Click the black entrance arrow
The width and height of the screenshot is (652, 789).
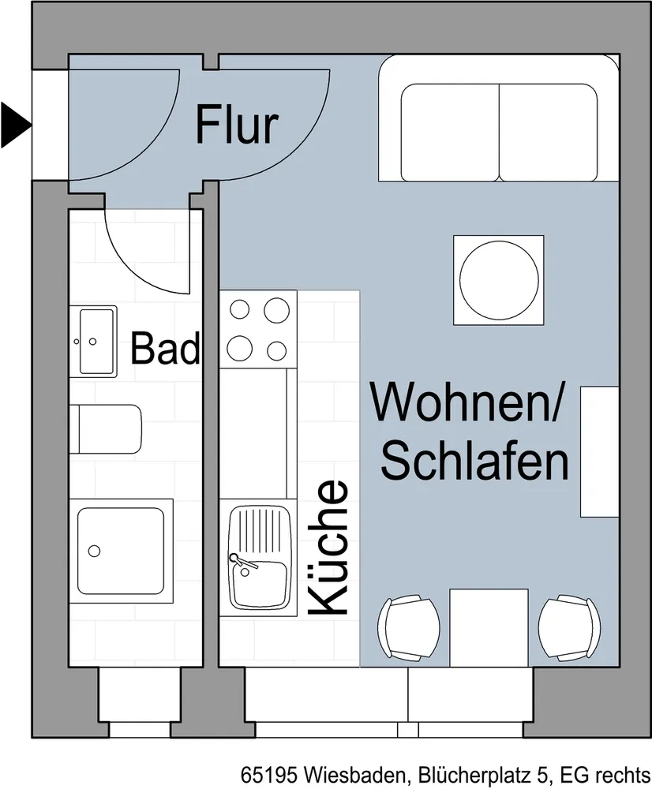pyautogui.click(x=15, y=125)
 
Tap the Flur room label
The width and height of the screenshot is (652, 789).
pyautogui.click(x=237, y=125)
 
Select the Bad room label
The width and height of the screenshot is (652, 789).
pyautogui.click(x=165, y=348)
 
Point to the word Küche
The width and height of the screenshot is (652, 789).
pyautogui.click(x=328, y=548)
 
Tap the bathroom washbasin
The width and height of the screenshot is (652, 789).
pyautogui.click(x=93, y=341)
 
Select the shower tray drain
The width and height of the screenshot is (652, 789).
pyautogui.click(x=94, y=551)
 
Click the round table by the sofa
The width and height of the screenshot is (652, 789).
pyautogui.click(x=499, y=279)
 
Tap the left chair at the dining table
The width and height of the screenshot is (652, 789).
pyautogui.click(x=408, y=628)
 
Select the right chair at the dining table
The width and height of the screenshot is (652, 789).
pyautogui.click(x=569, y=628)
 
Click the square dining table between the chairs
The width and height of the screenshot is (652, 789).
pyautogui.click(x=489, y=628)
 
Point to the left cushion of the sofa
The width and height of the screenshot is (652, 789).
pyautogui.click(x=450, y=133)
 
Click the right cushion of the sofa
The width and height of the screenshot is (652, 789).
pyautogui.click(x=549, y=133)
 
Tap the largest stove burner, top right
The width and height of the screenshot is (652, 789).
pyautogui.click(x=277, y=310)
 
